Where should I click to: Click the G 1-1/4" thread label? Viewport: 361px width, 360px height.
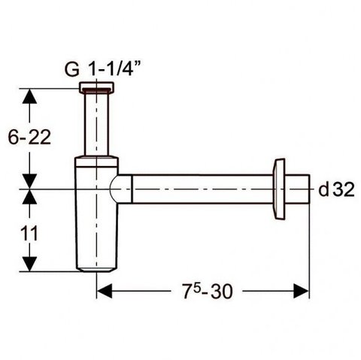[x=102, y=68]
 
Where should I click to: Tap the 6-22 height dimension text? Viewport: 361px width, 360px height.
[x=29, y=137]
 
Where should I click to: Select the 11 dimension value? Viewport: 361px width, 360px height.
[x=29, y=233]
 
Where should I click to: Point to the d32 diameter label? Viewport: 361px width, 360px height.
[x=336, y=189]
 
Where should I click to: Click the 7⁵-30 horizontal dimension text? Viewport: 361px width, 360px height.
[x=208, y=291]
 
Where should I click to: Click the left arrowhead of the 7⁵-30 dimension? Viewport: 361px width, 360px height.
[x=105, y=291]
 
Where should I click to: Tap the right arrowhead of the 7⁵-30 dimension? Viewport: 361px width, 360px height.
[x=302, y=291]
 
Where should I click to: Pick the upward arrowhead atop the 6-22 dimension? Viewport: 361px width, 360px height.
[x=29, y=96]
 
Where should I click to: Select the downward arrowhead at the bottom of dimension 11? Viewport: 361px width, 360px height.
[x=29, y=264]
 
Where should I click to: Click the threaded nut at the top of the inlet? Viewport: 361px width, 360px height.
[x=96, y=87]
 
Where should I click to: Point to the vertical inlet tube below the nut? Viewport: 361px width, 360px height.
[x=96, y=124]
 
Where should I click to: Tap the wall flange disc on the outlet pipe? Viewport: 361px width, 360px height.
[x=279, y=189]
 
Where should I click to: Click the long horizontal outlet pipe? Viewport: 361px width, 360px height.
[x=202, y=189]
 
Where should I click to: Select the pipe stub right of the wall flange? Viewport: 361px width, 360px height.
[x=297, y=189]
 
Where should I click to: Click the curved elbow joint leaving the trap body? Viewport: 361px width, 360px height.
[x=121, y=189]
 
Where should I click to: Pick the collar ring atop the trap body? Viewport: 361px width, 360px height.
[x=96, y=162]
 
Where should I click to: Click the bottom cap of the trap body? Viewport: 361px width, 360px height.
[x=96, y=269]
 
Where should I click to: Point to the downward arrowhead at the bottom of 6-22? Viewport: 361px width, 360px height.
[x=29, y=181]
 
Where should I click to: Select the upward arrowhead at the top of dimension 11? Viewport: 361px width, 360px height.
[x=29, y=197]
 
